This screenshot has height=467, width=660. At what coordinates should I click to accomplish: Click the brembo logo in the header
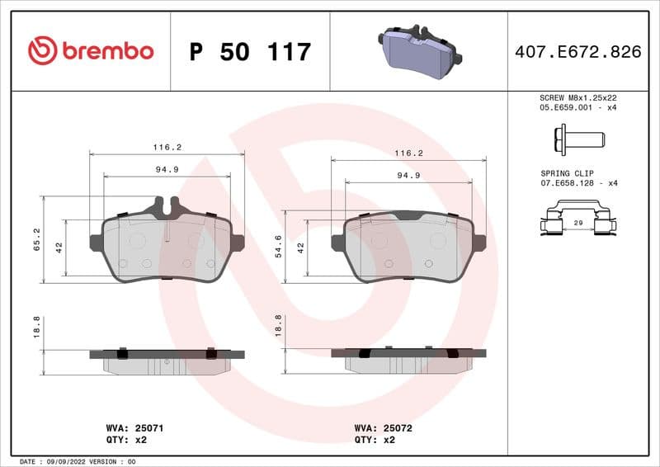91,51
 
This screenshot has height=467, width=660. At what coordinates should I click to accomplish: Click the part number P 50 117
250,52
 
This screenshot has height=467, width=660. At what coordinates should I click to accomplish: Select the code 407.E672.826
577,52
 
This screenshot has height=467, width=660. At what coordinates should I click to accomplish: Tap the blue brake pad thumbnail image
420,49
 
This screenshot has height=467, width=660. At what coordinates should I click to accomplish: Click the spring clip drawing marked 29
578,223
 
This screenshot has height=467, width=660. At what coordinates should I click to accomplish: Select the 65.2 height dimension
36,240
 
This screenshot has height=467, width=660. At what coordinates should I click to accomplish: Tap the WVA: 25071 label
129,428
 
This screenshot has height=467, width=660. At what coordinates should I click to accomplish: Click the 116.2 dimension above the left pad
167,147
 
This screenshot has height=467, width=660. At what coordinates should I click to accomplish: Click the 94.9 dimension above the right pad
408,175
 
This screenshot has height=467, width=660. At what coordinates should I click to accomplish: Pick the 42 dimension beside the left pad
59,247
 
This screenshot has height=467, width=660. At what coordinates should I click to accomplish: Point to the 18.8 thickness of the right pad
278,326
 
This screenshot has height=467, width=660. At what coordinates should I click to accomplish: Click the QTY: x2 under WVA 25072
375,440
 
